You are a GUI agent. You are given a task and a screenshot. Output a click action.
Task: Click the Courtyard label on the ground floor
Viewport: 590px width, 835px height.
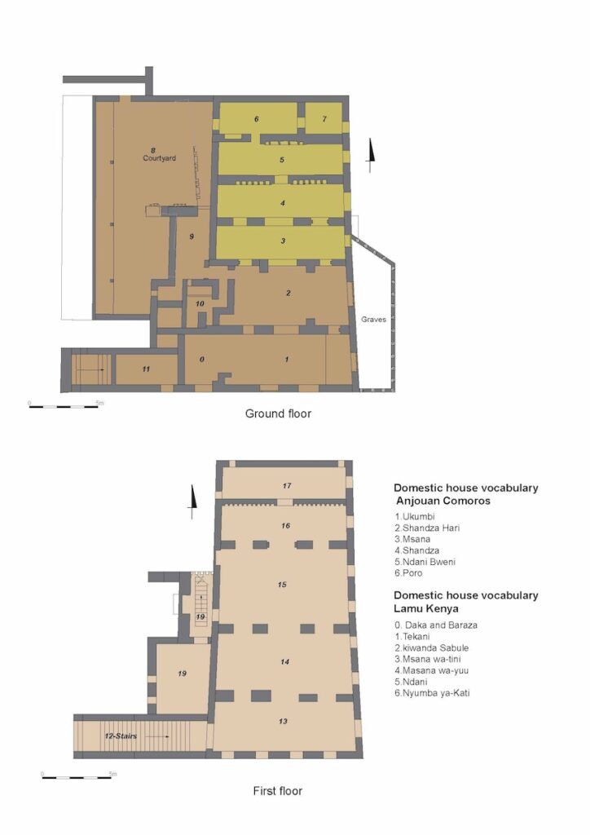[159, 158]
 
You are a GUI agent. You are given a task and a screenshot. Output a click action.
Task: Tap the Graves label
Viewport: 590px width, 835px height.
[373, 320]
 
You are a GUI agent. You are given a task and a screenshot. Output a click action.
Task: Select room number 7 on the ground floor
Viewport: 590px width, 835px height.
[324, 119]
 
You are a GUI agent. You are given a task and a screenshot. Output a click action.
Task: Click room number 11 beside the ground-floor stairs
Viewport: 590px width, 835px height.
[147, 369]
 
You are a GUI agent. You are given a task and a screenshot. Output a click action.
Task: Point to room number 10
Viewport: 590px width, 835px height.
[200, 303]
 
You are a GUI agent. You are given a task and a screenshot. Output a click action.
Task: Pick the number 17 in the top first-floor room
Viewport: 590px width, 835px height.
[287, 486]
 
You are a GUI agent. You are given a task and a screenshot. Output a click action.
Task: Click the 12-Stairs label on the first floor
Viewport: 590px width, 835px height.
[121, 736]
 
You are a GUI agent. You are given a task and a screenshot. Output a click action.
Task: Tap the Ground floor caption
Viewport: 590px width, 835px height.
[278, 413]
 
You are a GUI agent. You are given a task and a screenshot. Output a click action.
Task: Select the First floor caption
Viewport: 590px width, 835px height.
[278, 791]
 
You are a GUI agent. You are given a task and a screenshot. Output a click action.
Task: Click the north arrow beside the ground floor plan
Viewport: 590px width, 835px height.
[370, 156]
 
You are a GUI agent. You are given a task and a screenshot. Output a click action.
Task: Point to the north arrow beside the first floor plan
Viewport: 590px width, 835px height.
[192, 501]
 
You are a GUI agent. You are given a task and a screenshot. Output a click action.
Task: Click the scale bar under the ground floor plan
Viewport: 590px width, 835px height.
[64, 406]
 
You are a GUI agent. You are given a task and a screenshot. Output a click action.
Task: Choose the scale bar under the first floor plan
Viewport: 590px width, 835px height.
[77, 777]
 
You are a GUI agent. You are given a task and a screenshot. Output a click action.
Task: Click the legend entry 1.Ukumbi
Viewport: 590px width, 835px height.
[415, 516]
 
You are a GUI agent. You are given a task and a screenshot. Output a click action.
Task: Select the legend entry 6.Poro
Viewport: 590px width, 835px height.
[408, 573]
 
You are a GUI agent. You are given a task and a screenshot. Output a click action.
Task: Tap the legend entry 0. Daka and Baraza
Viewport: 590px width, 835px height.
[436, 625]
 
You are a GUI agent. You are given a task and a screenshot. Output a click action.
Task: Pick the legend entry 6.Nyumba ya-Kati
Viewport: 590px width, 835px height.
[432, 693]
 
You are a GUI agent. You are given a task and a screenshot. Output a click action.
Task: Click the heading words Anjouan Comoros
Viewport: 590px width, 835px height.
[443, 501]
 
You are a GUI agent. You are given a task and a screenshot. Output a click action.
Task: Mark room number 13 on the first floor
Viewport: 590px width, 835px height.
[283, 721]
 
